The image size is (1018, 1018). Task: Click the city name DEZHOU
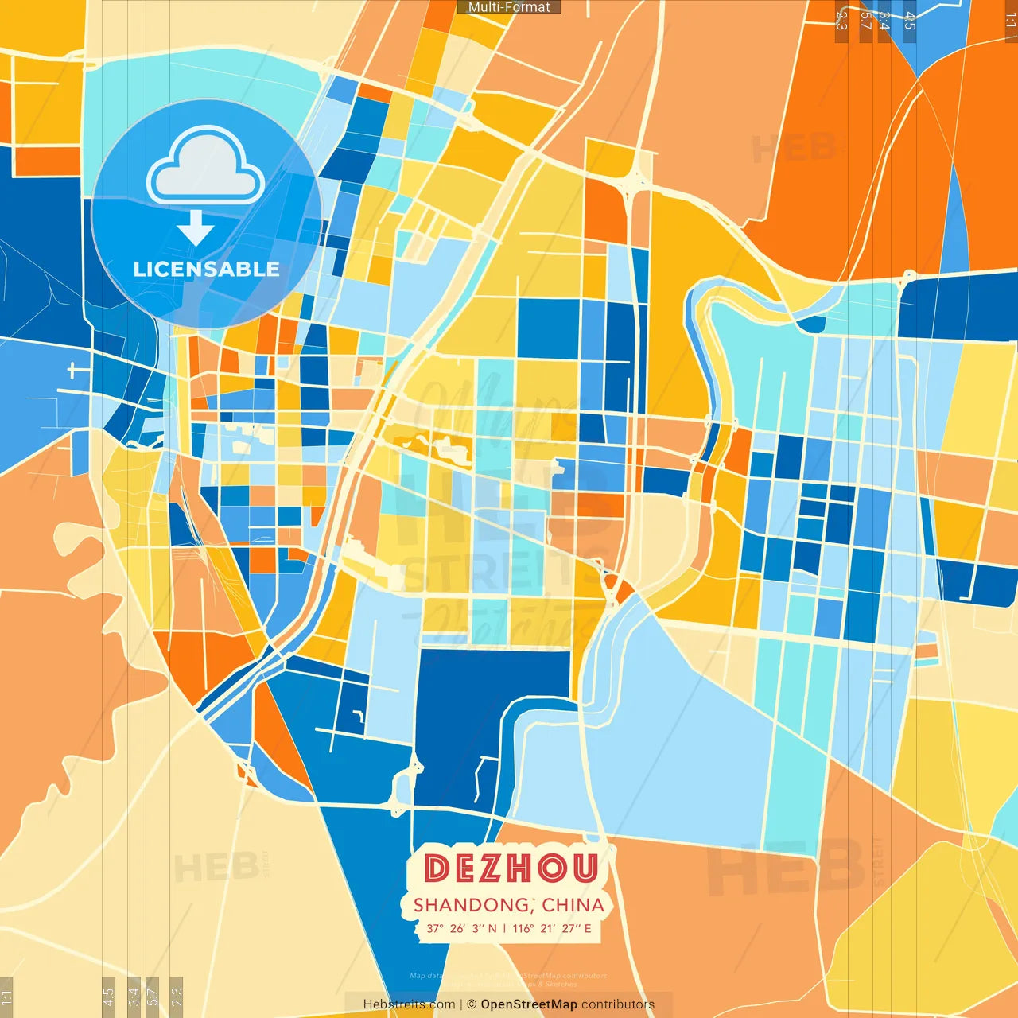coord(510,868)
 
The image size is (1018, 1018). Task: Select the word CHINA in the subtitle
coord(573,905)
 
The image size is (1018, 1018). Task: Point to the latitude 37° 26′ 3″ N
coord(461,928)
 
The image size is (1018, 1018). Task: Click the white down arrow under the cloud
coord(196,228)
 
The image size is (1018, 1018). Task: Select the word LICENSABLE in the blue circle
coord(206,269)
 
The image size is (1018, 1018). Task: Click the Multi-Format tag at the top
coord(509,7)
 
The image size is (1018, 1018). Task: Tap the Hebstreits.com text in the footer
coord(409,1004)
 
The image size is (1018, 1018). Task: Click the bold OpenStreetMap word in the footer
coord(529,1004)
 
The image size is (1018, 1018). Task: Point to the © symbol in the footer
coord(471,1004)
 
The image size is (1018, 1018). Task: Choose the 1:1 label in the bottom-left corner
coord(7,997)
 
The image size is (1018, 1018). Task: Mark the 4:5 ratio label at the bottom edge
coord(108,997)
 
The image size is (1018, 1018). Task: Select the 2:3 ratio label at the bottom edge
coord(177,997)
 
